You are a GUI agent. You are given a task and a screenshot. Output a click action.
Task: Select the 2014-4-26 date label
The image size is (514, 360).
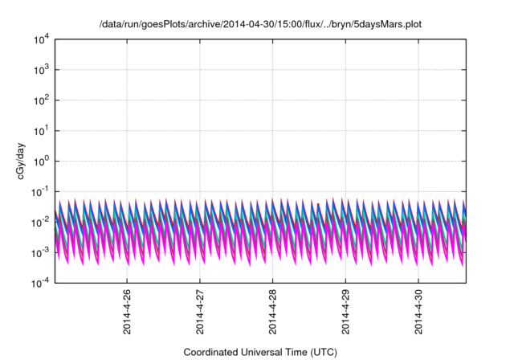pyautogui.click(x=128, y=313)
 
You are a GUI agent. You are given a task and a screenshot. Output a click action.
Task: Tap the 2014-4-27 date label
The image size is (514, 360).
pyautogui.click(x=200, y=313)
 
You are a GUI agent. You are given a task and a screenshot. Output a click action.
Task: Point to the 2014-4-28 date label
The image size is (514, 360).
pyautogui.click(x=272, y=313)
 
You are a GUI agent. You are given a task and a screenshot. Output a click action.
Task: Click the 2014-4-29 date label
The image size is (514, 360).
pyautogui.click(x=345, y=313)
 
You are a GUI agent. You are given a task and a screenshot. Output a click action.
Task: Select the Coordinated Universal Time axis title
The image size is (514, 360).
pyautogui.click(x=259, y=352)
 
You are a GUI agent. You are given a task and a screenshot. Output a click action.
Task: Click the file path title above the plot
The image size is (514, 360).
pyautogui.click(x=260, y=25)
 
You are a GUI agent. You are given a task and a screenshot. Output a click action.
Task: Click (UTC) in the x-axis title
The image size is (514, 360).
pyautogui.click(x=321, y=352)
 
